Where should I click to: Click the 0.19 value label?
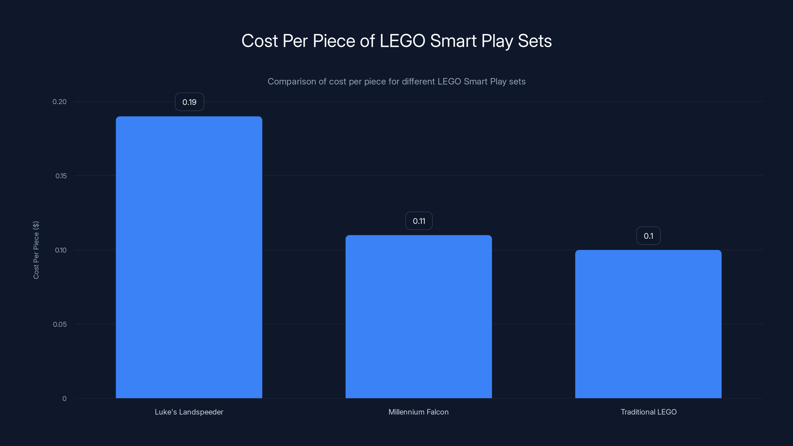tap(189, 102)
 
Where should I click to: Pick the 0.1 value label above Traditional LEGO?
tap(648, 236)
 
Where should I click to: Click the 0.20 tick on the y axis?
tap(59, 102)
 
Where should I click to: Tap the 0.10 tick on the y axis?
tap(61, 250)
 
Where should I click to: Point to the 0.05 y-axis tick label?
tap(60, 324)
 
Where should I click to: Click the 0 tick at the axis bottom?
tap(64, 399)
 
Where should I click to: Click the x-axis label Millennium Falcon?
tap(418, 412)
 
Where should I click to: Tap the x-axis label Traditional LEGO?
tap(648, 412)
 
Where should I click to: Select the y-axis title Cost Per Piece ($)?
tap(36, 250)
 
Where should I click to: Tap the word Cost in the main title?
tap(259, 41)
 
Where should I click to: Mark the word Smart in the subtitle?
tap(476, 82)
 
